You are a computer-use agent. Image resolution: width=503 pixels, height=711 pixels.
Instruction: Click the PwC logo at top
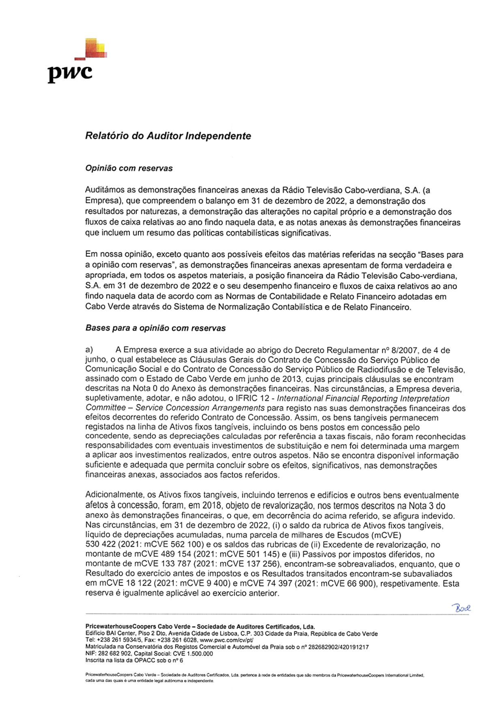pyautogui.click(x=75, y=61)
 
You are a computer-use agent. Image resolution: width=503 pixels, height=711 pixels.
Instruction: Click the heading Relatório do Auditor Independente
pyautogui.click(x=168, y=136)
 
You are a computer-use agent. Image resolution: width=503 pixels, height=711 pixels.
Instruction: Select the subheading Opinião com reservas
pyautogui.click(x=129, y=168)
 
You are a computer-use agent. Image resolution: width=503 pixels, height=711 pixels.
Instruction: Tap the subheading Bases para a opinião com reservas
pyautogui.click(x=155, y=328)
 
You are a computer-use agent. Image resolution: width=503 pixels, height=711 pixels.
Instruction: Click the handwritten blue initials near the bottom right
pyautogui.click(x=461, y=608)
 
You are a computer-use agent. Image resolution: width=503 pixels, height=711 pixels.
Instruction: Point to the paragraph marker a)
pyautogui.click(x=89, y=350)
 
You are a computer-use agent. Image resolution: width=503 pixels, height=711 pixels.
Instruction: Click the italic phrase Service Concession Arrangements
pyautogui.click(x=200, y=408)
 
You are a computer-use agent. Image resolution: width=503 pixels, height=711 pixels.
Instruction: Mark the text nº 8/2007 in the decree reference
pyautogui.click(x=399, y=350)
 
